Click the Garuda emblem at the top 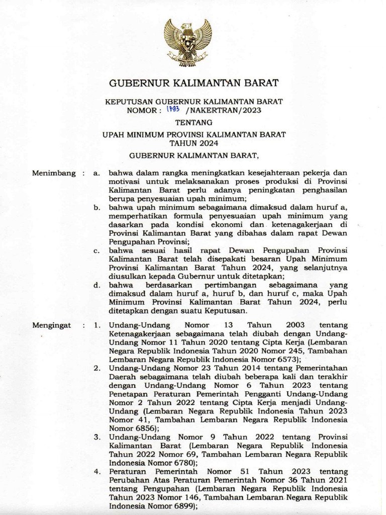[187, 42]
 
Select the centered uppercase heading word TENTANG [194, 122]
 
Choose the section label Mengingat [51, 325]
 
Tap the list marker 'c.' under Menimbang [96, 250]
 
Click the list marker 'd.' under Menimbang [96, 285]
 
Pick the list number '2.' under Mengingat [96, 368]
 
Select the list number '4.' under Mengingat [96, 471]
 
